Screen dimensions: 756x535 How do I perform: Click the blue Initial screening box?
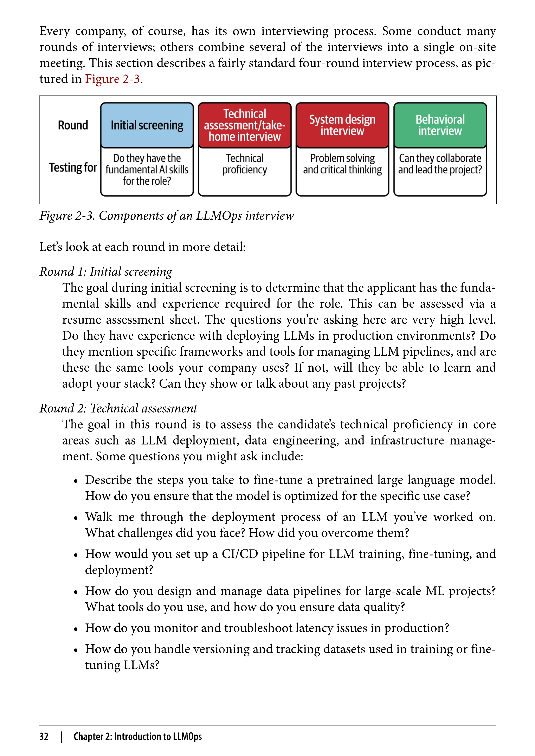click(x=147, y=125)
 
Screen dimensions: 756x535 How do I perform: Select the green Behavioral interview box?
click(x=440, y=125)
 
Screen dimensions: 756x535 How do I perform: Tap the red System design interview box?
click(x=342, y=125)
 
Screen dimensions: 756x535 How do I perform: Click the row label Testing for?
click(x=73, y=167)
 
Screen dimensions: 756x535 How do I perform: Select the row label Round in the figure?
click(x=73, y=125)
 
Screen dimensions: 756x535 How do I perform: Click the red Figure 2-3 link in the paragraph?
click(x=112, y=79)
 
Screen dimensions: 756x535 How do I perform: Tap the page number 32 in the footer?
click(x=44, y=736)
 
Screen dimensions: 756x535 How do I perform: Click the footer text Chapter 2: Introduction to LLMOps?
click(x=137, y=736)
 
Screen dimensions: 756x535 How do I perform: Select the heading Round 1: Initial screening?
click(x=106, y=272)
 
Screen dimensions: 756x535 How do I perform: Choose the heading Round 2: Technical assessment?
click(x=118, y=408)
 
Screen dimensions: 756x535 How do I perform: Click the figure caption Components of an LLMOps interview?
click(x=166, y=216)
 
